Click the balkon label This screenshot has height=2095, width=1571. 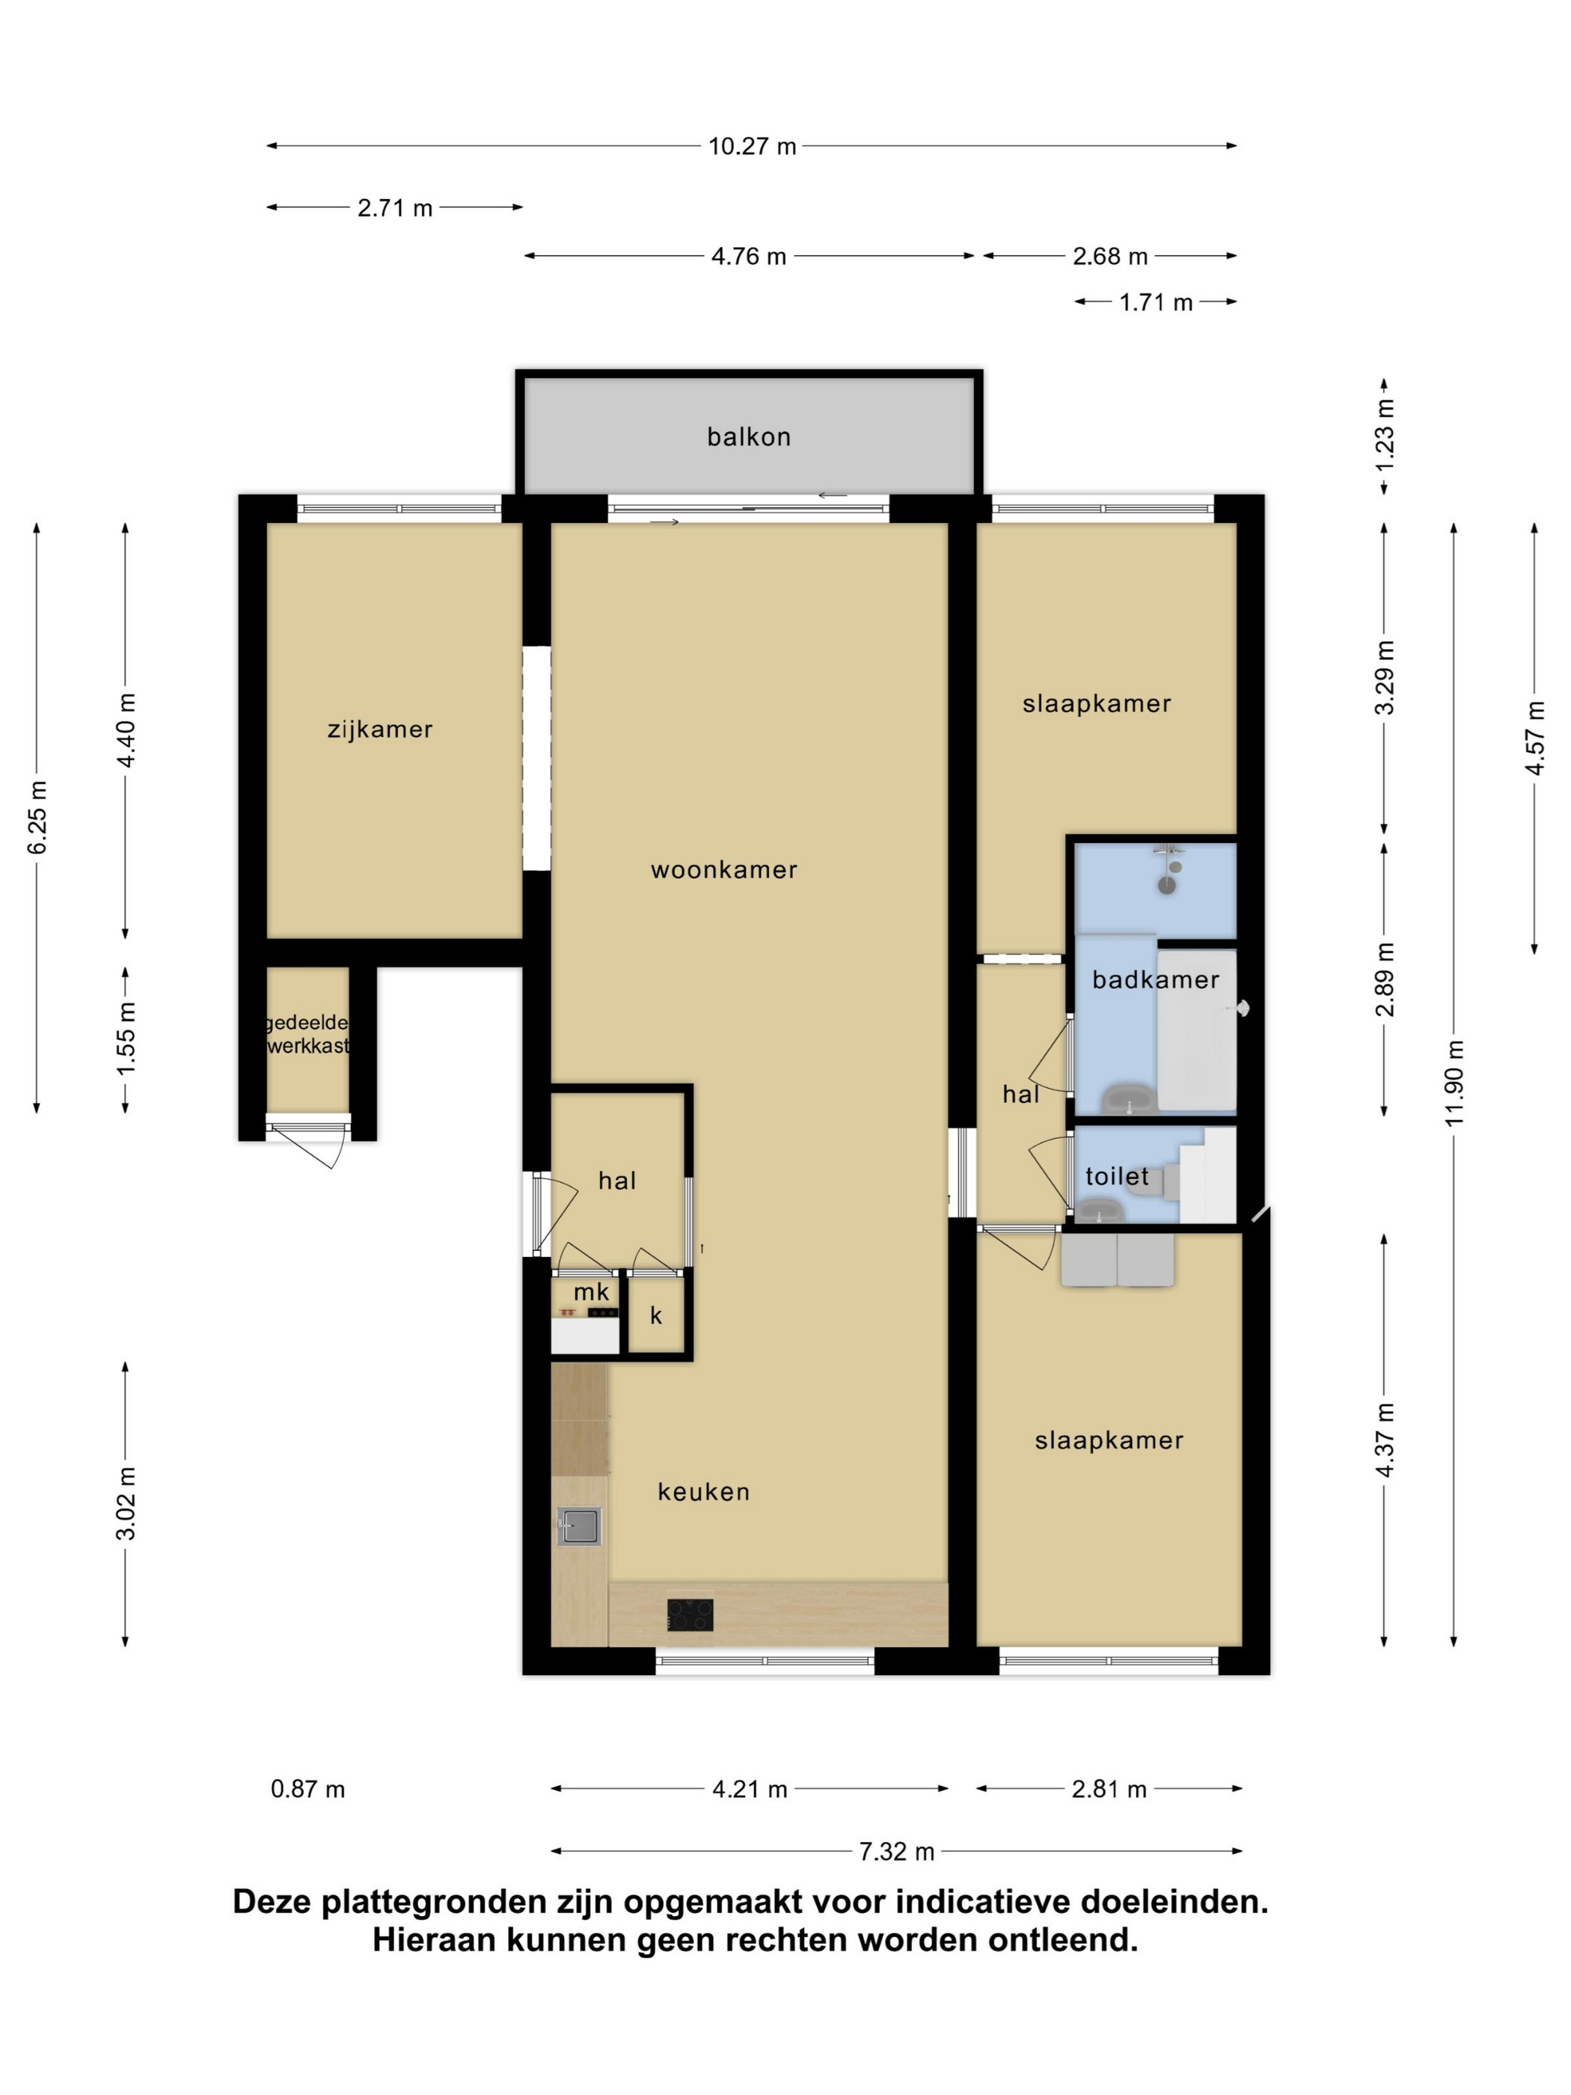pos(748,437)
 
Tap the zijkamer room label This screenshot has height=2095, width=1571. pos(380,730)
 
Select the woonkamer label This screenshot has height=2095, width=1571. pos(724,869)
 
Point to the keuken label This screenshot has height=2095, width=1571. pos(704,1492)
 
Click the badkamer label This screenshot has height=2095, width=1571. pos(1155,979)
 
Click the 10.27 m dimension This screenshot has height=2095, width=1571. pos(753,147)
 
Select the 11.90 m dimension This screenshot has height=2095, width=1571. pos(1454,1083)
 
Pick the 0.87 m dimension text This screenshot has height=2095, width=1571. pos(307,1789)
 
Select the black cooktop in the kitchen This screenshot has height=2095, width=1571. pos(690,1615)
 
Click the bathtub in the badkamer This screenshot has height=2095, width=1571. pos(1197,1030)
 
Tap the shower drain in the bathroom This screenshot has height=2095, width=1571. pos(1168,886)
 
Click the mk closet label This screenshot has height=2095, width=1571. pos(592,1292)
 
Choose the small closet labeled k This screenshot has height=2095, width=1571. pos(656,1315)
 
